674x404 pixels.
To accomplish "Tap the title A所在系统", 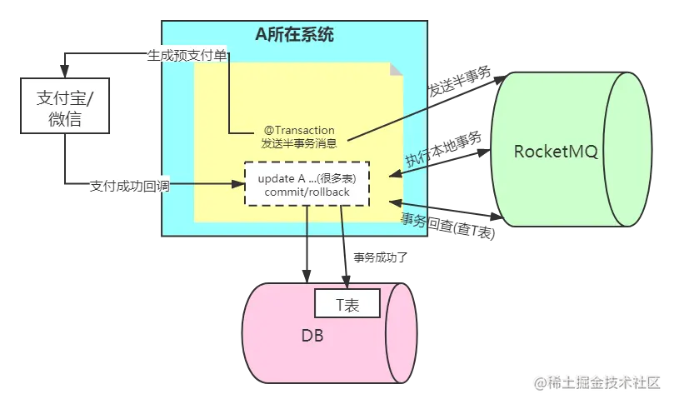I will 296,36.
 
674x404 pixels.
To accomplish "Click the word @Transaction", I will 299,130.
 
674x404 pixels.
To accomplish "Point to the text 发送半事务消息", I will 299,143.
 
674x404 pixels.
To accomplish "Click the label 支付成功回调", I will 129,185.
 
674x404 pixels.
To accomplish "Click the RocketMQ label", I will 556,152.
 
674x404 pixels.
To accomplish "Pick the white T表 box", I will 347,305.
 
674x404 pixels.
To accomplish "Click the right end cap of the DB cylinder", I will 400,327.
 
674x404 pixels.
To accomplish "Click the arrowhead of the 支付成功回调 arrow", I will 238,185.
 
